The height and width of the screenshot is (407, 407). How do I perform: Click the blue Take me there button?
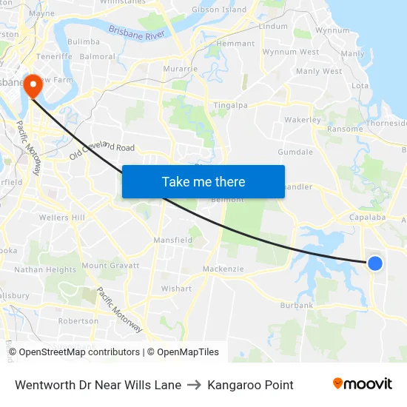tap(203, 181)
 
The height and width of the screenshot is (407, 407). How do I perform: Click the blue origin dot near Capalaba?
tap(375, 263)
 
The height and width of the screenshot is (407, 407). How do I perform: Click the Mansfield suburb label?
tap(172, 240)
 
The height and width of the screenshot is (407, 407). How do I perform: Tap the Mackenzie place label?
tap(223, 269)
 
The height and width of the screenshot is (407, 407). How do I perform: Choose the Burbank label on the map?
tap(297, 305)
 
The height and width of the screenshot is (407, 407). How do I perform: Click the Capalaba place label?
tap(368, 218)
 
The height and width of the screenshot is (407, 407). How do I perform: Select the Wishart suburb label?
tap(176, 289)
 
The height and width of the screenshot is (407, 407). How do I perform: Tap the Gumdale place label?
tap(295, 152)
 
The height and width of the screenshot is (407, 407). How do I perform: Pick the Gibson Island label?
tap(219, 10)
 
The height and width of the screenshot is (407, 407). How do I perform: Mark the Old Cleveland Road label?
tap(102, 152)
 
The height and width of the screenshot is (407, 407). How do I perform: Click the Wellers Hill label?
tap(62, 218)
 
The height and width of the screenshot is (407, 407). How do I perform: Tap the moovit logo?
tap(363, 384)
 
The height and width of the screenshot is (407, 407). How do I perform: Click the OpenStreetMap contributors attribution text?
tap(79, 352)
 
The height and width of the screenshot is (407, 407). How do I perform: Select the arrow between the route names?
tap(194, 385)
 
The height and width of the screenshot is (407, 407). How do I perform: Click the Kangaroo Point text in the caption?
tap(250, 385)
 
